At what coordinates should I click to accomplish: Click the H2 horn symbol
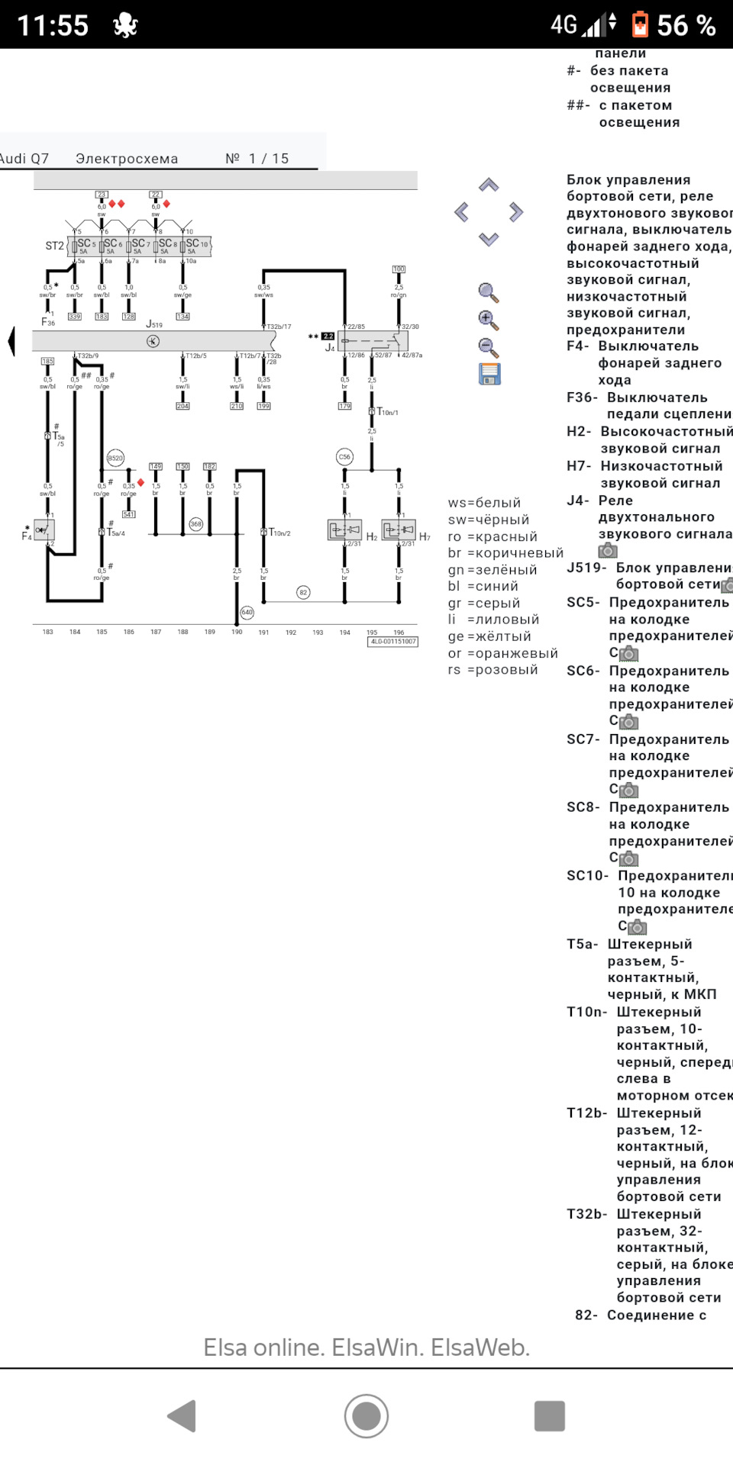[x=344, y=529]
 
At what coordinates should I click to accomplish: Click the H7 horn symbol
[x=399, y=529]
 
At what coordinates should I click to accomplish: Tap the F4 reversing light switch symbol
[x=44, y=529]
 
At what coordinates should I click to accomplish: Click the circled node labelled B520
[x=115, y=458]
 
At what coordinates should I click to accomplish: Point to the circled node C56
[x=344, y=457]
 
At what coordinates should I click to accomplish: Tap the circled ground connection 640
[x=247, y=612]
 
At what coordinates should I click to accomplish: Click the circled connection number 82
[x=303, y=592]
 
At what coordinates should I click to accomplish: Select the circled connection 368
[x=196, y=523]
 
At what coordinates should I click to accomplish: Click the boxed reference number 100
[x=399, y=269]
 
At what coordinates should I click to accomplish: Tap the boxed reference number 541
[x=129, y=514]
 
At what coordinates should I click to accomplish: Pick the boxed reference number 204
[x=182, y=406]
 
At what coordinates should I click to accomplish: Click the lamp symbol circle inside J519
[x=153, y=341]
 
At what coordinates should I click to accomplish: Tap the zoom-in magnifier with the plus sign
[x=489, y=320]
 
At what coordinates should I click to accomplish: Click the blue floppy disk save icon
[x=489, y=374]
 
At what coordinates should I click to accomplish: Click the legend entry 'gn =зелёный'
[x=492, y=570]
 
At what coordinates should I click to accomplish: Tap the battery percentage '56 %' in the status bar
[x=686, y=25]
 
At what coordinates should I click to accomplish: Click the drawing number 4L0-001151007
[x=393, y=642]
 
